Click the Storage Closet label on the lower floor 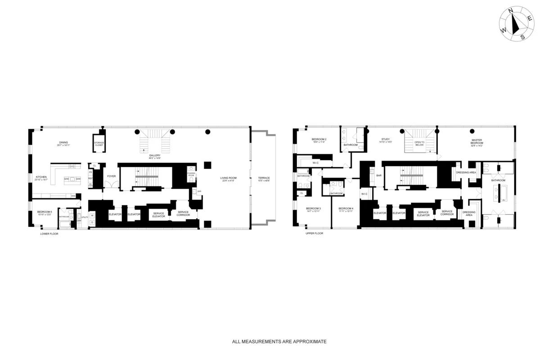pos(99,144)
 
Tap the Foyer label pos(111,176)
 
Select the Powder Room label pos(191,174)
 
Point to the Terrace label pos(264,178)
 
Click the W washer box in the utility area pos(92,216)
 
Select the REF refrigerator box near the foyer pos(90,178)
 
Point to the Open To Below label pos(419,144)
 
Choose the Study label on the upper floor pos(385,139)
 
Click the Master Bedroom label pos(477,141)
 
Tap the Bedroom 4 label pos(346,208)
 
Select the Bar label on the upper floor pos(379,175)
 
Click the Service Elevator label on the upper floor pos(423,214)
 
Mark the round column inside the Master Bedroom pos(472,131)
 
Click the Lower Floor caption pos(49,234)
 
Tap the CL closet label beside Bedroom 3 pos(301,193)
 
